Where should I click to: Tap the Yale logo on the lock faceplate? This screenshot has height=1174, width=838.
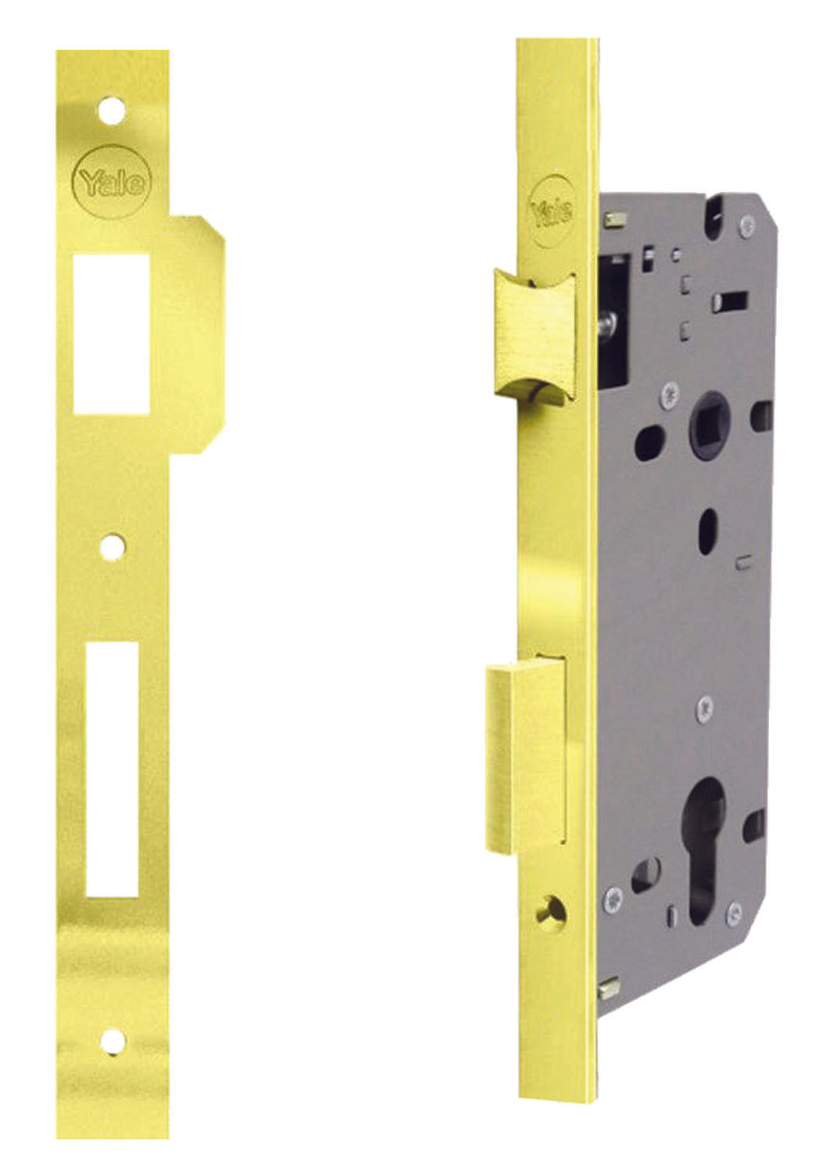tap(552, 212)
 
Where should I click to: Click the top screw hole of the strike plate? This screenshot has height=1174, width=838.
tap(112, 110)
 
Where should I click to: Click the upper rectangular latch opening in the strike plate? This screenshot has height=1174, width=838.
tap(112, 332)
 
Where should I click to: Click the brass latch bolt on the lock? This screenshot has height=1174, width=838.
tap(534, 336)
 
